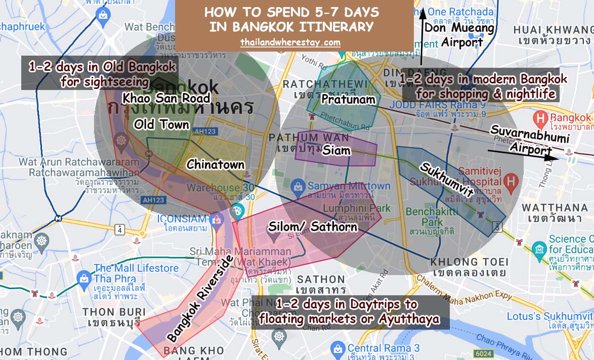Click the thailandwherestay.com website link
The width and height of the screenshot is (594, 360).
pyautogui.click(x=290, y=42)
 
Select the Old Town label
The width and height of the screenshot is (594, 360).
pyautogui.click(x=162, y=124)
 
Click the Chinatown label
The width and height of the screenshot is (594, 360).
pyautogui.click(x=216, y=164)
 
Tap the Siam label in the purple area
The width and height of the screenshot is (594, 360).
pyautogui.click(x=335, y=150)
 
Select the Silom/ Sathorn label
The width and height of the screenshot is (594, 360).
pyautogui.click(x=313, y=227)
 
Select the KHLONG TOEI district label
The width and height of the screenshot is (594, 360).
pyautogui.click(x=469, y=262)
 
